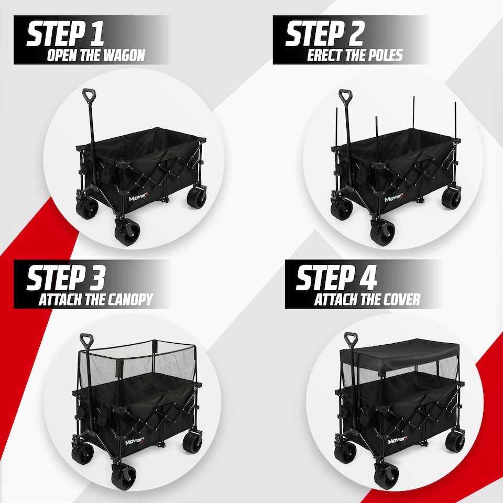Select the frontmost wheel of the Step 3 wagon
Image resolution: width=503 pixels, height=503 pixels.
click(x=123, y=475)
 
